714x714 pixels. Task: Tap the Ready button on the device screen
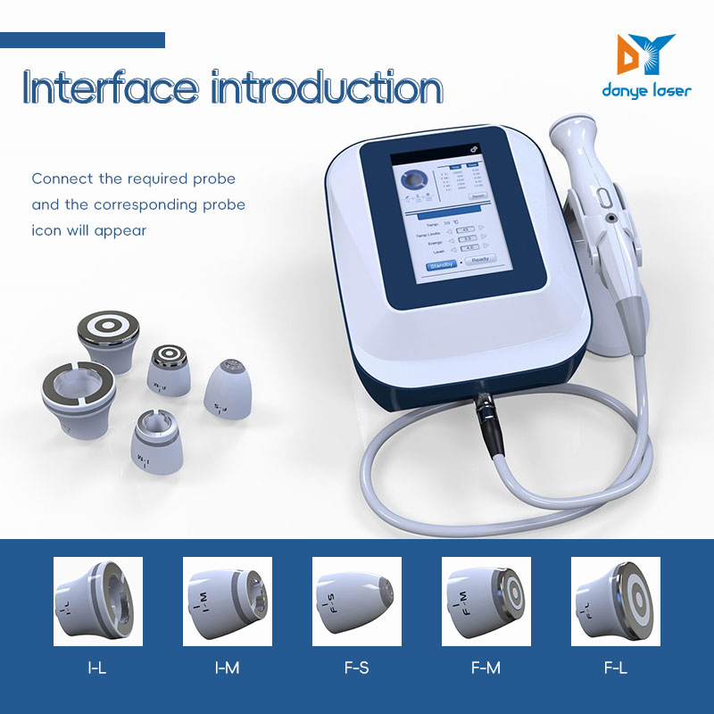(x=480, y=261)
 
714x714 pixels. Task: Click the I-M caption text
(x=227, y=667)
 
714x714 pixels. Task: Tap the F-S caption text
(x=356, y=667)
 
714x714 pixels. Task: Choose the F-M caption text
(x=486, y=667)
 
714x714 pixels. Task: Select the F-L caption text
(x=615, y=667)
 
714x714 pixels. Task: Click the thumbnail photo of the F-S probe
(x=356, y=601)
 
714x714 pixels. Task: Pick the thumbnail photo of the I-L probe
(x=97, y=601)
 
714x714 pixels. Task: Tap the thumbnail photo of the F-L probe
(x=615, y=601)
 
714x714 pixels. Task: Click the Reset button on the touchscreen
(x=478, y=195)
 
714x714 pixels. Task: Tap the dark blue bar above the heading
(x=82, y=40)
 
